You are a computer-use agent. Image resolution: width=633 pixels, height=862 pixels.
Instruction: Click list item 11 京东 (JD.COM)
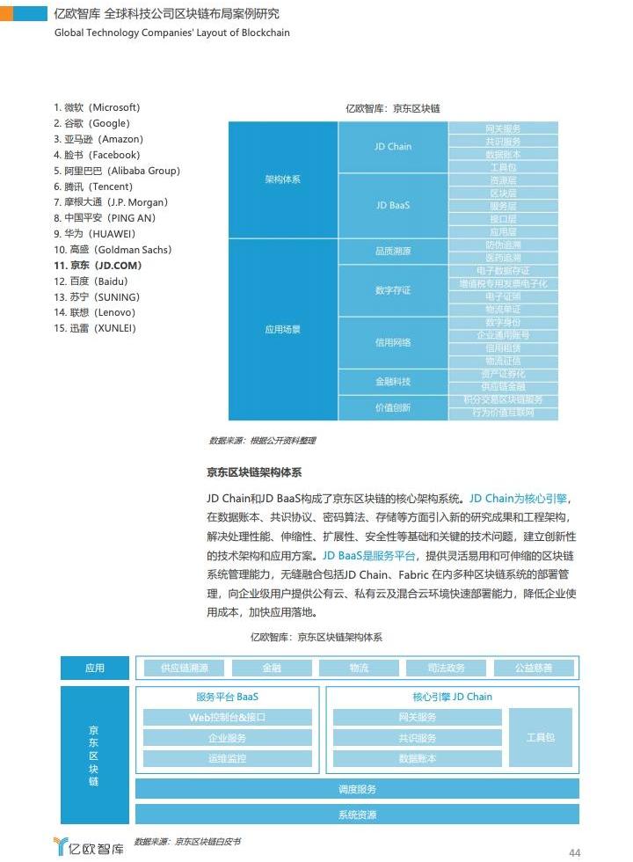[98, 266]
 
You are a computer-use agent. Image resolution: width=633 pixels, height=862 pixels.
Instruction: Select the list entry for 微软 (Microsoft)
[97, 107]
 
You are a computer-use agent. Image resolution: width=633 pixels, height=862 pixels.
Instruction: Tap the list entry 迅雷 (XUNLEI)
[95, 329]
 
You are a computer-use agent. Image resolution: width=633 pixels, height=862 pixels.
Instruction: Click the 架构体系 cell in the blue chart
[282, 179]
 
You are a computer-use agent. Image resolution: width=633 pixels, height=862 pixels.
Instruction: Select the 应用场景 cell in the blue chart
[282, 330]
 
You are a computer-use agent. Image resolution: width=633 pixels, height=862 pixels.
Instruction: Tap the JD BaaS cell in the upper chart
[393, 205]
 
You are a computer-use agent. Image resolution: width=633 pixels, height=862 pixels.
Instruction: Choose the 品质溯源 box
[393, 252]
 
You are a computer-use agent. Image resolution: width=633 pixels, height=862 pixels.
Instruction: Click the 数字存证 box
[393, 290]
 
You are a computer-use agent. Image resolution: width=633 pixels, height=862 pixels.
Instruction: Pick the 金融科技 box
[393, 382]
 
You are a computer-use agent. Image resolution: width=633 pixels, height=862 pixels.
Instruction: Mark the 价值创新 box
[393, 408]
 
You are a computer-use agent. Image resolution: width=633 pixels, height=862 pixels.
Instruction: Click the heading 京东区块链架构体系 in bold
[254, 472]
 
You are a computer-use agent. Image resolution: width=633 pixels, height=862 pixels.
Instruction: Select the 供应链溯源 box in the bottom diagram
[184, 668]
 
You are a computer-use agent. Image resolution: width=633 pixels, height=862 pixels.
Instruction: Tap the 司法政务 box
[446, 668]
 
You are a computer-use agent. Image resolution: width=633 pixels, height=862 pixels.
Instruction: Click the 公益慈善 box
[534, 668]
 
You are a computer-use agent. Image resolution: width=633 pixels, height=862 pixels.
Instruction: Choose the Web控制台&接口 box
[227, 718]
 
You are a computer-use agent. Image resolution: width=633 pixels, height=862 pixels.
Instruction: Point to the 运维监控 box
[227, 758]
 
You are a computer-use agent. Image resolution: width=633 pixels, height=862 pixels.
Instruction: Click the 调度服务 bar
[357, 789]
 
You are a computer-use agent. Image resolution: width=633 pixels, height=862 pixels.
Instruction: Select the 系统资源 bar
[357, 815]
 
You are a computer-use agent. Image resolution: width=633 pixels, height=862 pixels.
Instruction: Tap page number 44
[575, 852]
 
